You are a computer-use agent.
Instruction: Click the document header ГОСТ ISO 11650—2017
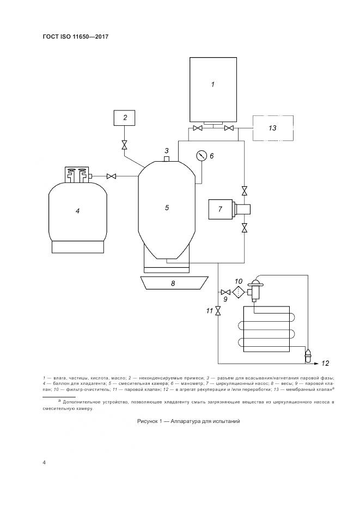76,36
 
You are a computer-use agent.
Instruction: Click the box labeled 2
125,117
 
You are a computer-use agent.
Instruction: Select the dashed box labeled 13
272,128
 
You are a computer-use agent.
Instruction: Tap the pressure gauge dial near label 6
202,156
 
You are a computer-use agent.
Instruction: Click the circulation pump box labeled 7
221,209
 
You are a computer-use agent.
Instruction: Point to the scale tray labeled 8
174,283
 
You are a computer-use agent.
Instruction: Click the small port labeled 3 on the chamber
167,159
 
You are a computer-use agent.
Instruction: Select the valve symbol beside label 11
218,311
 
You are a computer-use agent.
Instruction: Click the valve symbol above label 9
225,292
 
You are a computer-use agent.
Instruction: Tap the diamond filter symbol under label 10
238,292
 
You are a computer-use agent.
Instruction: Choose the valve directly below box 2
125,145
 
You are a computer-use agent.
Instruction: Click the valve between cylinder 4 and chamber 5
112,176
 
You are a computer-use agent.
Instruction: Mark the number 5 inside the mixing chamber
167,207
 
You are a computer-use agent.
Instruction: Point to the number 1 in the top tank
212,84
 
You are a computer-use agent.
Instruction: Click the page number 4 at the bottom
44,463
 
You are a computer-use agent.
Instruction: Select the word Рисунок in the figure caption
151,422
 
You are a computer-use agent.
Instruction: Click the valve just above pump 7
245,191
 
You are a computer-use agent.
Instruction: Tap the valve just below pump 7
245,228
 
